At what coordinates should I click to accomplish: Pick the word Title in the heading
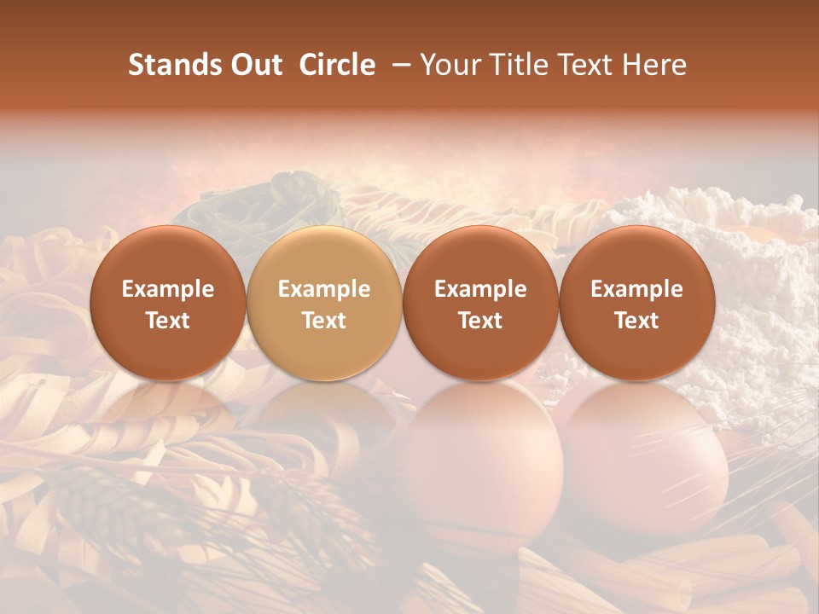tap(519, 65)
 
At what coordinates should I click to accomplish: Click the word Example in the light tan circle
tap(324, 290)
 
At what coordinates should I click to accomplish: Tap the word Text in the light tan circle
tap(324, 321)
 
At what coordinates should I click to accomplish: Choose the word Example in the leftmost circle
tap(168, 290)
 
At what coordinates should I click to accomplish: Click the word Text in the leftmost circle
tap(168, 321)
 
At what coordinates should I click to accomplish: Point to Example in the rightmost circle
tap(636, 290)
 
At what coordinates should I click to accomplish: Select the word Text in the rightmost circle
tap(636, 321)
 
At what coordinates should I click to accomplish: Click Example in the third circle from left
tap(480, 290)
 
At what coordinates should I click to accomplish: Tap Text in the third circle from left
tap(480, 321)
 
